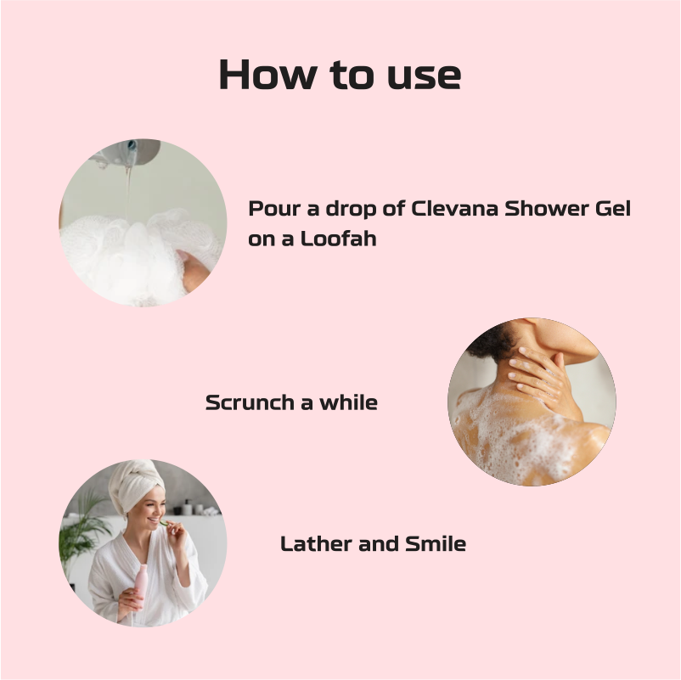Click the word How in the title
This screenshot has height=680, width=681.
click(x=267, y=74)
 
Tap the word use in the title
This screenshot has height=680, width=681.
click(x=424, y=76)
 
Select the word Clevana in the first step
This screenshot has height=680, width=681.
click(x=454, y=209)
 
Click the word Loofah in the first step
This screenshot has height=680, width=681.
click(x=338, y=239)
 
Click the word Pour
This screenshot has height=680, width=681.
click(x=274, y=209)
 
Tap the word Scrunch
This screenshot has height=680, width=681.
click(x=250, y=402)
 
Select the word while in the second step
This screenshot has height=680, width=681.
click(x=348, y=402)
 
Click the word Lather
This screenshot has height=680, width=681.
click(x=317, y=543)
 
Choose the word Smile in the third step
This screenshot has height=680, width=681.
click(x=436, y=543)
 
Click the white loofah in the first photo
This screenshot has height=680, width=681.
click(x=135, y=256)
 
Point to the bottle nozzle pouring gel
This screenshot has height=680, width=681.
click(x=130, y=152)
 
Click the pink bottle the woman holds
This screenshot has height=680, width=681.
click(x=141, y=584)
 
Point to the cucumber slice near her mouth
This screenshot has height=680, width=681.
click(x=163, y=523)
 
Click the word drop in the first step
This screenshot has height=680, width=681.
click(x=351, y=210)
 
